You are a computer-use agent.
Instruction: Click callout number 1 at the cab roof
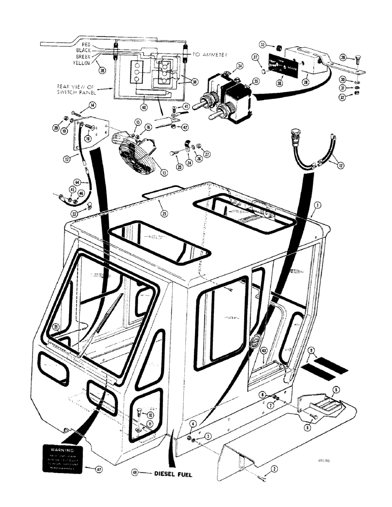tap(317, 206)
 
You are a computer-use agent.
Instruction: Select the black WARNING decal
tap(60, 458)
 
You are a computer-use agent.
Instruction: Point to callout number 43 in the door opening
tap(264, 350)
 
